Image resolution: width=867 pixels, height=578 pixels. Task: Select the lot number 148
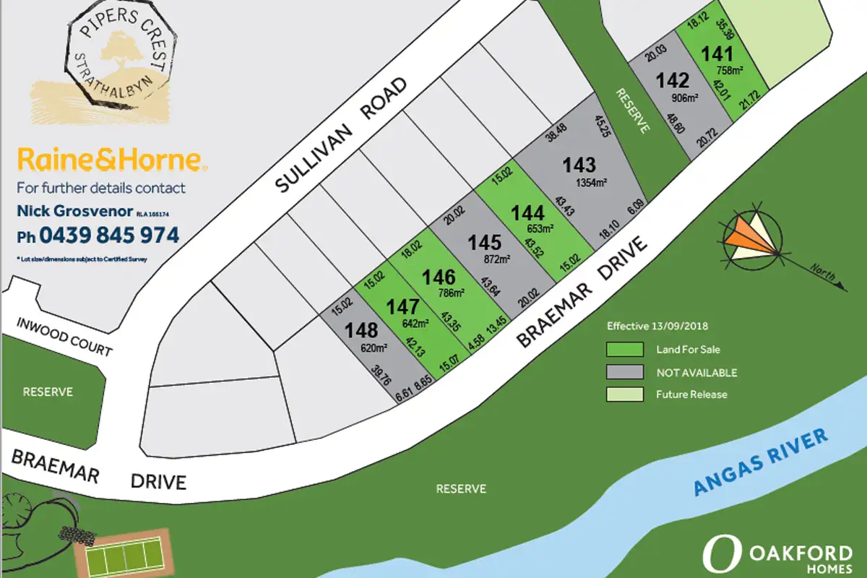tap(362, 330)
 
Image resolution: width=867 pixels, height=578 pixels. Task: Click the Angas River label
tap(761, 463)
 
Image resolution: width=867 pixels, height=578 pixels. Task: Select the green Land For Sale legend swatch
tap(624, 350)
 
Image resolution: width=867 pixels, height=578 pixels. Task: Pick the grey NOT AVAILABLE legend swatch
tap(624, 372)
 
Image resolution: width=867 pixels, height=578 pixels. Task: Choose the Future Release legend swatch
tap(624, 394)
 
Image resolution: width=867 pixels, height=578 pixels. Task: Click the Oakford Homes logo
tap(777, 556)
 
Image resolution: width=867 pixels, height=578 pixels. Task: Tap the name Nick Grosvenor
tap(74, 212)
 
